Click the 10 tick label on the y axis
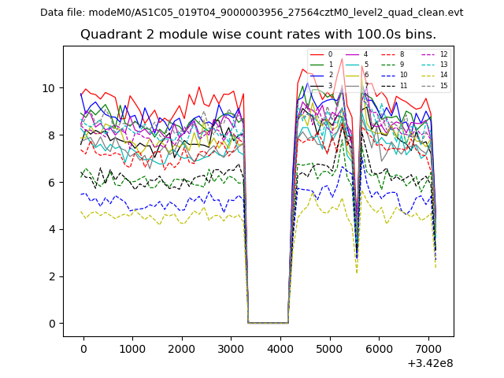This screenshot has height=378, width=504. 49,87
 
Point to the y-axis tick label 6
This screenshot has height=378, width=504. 52,182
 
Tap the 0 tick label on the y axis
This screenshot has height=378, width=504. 52,324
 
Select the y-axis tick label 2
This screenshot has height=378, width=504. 52,276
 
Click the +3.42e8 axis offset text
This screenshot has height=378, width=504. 431,364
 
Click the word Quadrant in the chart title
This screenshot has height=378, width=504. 107,35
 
